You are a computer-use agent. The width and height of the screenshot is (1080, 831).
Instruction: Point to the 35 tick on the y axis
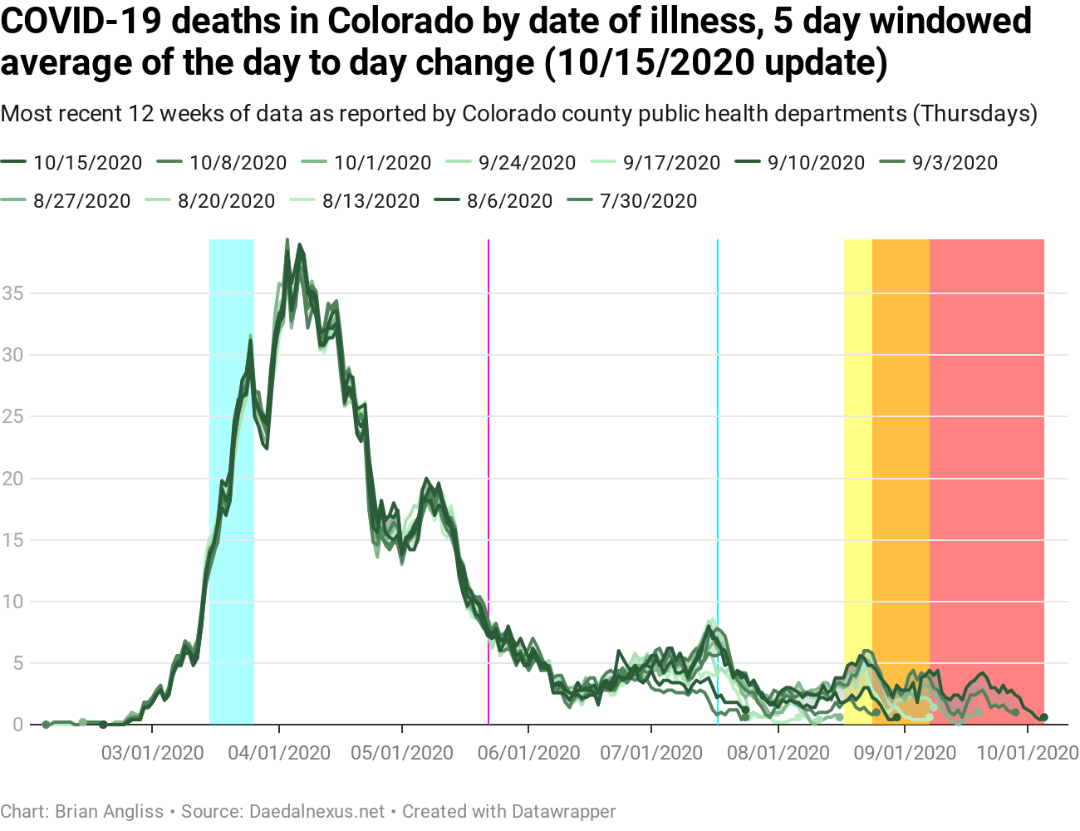12,293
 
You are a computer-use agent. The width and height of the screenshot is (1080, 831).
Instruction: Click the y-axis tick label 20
12,479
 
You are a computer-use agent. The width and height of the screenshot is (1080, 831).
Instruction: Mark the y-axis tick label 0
17,725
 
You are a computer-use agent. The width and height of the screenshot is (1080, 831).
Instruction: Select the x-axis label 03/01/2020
152,753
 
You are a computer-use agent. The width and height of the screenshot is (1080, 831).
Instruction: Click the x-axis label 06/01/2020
528,753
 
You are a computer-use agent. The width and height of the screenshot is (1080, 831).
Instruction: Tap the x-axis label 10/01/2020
1028,753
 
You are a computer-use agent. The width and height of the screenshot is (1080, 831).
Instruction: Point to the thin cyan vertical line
718,415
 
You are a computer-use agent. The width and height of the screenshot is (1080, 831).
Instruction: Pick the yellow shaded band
857,415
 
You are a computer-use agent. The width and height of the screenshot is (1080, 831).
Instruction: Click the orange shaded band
901,415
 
